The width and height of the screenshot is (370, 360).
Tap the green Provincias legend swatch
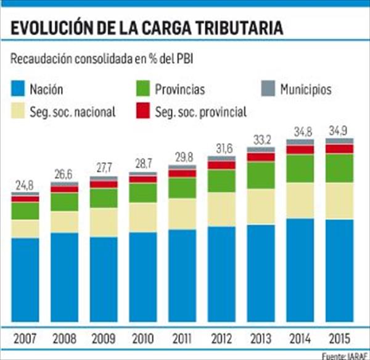142,89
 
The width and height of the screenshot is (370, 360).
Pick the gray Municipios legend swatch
266,89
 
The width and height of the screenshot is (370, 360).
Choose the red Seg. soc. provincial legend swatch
142,112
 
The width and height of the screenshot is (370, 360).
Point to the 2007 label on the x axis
25,337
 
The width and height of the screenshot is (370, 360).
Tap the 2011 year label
182,337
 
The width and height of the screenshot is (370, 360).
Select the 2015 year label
339,337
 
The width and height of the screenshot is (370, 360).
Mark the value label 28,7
142,163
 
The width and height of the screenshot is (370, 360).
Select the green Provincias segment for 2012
221,181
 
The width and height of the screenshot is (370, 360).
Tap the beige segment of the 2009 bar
103,222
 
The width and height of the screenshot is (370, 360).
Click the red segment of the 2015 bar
339,149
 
